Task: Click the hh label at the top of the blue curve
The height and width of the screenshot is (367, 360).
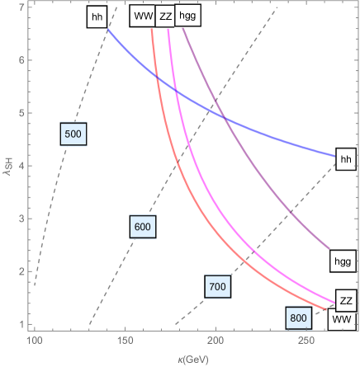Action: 97,18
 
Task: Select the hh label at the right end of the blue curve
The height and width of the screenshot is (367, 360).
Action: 346,160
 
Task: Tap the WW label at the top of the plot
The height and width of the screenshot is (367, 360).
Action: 142,16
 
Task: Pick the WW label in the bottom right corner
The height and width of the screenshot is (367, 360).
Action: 339,318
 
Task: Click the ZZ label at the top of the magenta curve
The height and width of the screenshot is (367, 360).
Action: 165,16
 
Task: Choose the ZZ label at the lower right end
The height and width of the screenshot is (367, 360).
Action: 347,300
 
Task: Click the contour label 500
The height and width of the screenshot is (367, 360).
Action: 73,134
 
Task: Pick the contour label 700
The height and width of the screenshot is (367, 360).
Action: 217,286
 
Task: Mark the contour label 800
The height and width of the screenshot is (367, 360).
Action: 298,318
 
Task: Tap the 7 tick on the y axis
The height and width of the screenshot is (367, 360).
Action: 20,7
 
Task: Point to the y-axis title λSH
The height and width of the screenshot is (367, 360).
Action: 7,166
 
